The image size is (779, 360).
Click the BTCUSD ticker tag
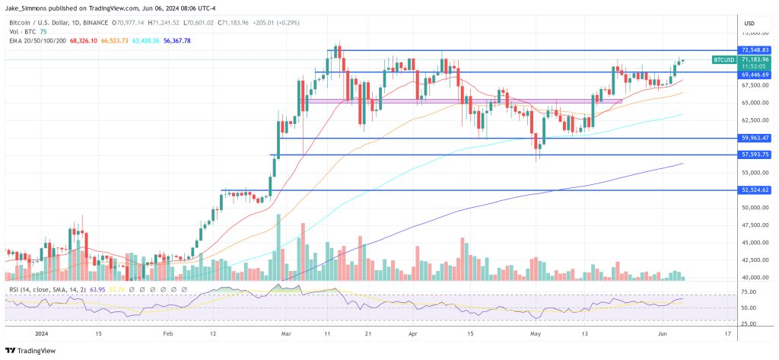coord(723,59)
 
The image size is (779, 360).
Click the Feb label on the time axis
coord(167,333)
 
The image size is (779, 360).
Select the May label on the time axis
coord(536,333)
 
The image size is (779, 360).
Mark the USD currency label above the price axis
coord(749,22)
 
